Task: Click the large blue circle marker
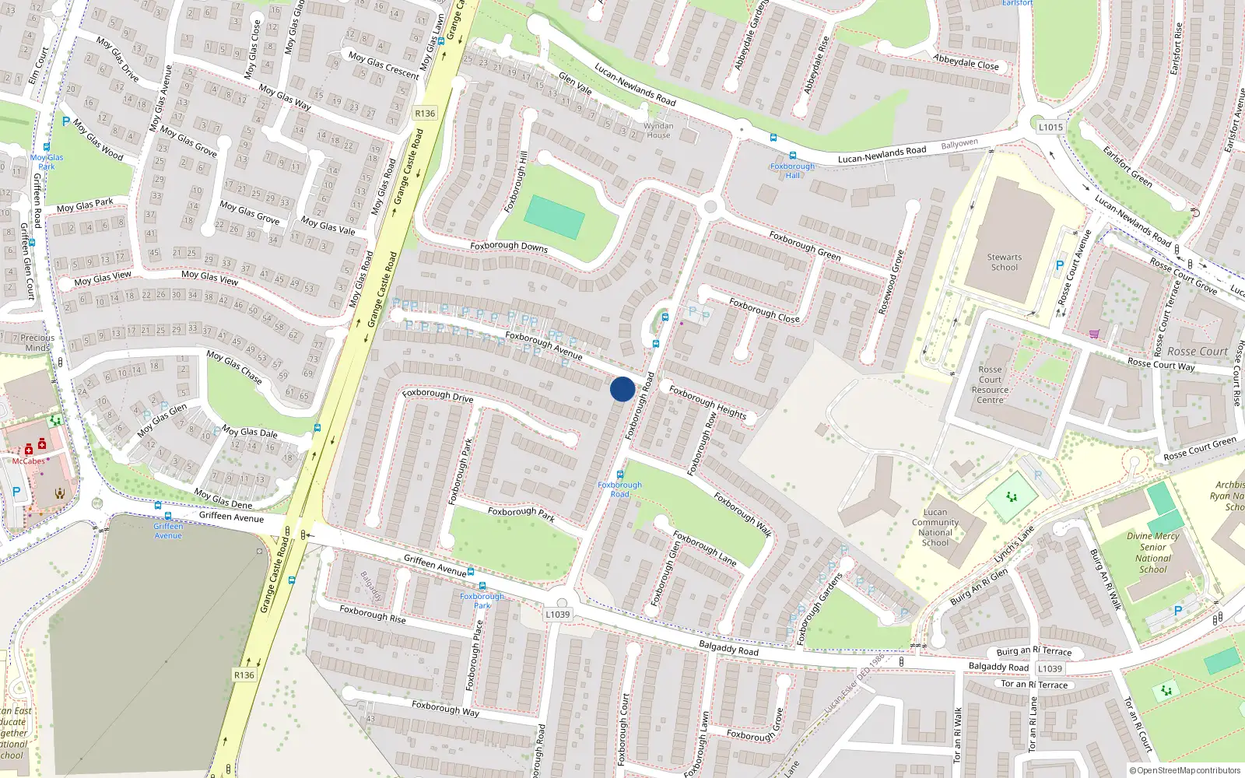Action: tap(622, 389)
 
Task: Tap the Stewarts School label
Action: tap(1004, 262)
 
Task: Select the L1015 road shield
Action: tap(1050, 127)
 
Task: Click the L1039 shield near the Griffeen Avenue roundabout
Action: tap(557, 614)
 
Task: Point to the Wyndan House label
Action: tap(658, 130)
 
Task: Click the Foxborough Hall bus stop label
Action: tap(792, 170)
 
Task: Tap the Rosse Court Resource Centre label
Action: tap(990, 385)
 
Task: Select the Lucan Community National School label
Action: tap(935, 527)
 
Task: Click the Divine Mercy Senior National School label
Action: tap(1152, 552)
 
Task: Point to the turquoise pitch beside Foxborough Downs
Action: tap(554, 217)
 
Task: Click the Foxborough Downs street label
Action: tap(509, 247)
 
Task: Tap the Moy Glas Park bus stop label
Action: tap(47, 162)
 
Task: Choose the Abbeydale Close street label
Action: tap(966, 62)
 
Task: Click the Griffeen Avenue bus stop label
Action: tap(168, 531)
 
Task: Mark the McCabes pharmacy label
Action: tap(29, 461)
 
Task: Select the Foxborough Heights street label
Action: tap(707, 402)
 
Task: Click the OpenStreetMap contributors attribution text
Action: tap(1184, 771)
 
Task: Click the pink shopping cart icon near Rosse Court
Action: tap(1095, 335)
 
